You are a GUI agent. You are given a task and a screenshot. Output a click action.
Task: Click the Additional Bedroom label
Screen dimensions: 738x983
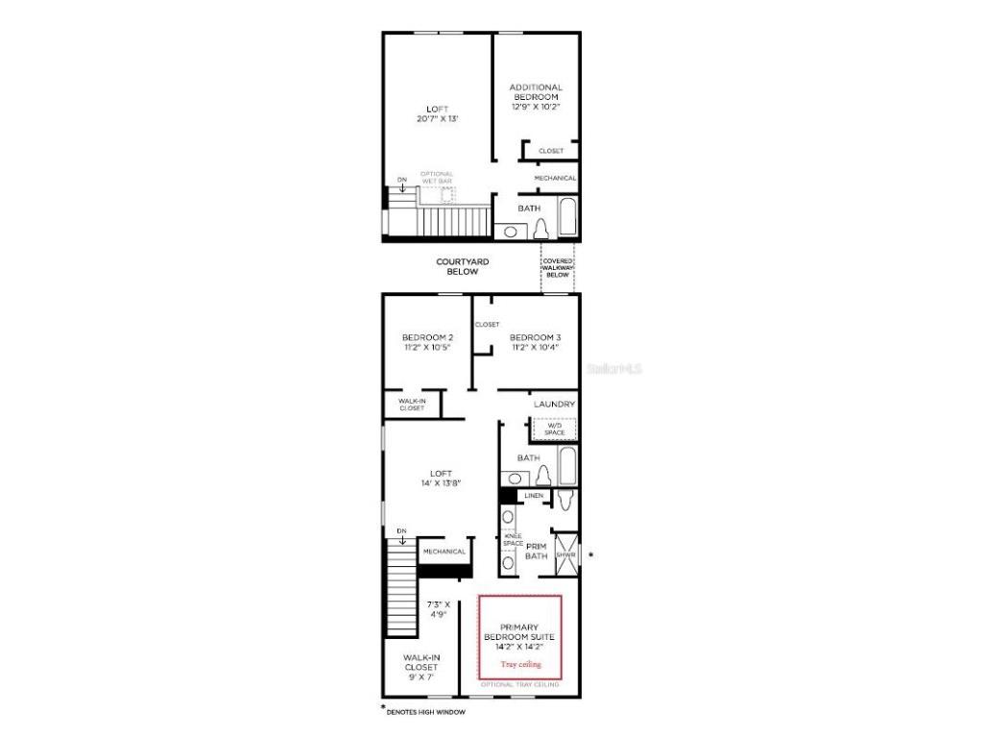pyautogui.click(x=536, y=92)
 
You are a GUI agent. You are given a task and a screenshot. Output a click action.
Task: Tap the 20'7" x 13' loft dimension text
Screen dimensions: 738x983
pyautogui.click(x=437, y=118)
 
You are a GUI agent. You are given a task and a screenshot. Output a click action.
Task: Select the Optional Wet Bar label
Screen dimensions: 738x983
pyautogui.click(x=437, y=178)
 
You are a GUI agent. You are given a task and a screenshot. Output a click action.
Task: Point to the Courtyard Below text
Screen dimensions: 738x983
pyautogui.click(x=463, y=266)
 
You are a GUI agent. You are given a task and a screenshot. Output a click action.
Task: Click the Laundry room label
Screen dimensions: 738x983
pyautogui.click(x=555, y=405)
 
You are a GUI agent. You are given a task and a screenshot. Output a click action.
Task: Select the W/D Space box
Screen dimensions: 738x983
pyautogui.click(x=554, y=429)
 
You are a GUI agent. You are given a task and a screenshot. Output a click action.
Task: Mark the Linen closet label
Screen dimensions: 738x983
pyautogui.click(x=534, y=496)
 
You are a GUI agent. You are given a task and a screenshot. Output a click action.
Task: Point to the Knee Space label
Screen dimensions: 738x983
pyautogui.click(x=513, y=540)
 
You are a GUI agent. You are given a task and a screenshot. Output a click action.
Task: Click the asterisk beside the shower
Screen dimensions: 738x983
pyautogui.click(x=590, y=555)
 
